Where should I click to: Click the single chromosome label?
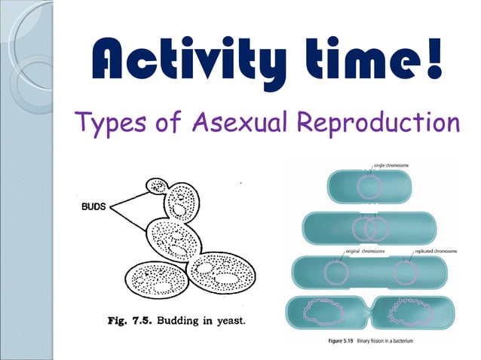point(399,164)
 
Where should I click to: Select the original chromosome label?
point(366,249)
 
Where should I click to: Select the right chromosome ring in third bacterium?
point(406,271)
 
